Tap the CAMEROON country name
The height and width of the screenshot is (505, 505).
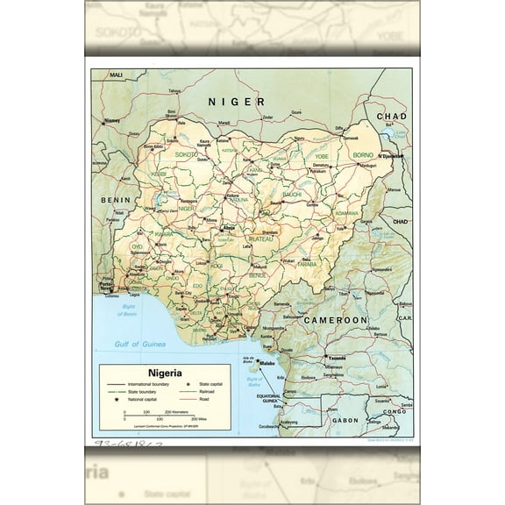tap(335, 322)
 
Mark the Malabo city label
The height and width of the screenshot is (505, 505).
tap(267, 362)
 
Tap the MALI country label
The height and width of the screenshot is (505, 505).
tap(116, 76)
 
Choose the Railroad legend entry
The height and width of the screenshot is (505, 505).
tap(208, 392)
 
